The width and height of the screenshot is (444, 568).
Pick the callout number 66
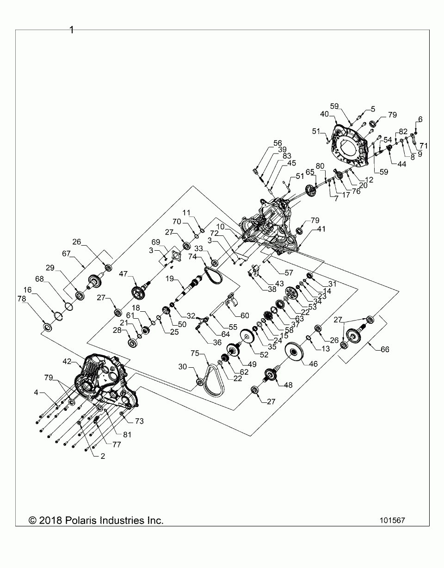click(x=385, y=350)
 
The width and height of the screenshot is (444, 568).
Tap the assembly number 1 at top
click(x=72, y=31)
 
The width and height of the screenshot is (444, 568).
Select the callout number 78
click(x=22, y=299)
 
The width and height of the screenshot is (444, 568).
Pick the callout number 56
click(x=277, y=143)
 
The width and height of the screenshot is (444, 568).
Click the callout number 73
click(x=139, y=421)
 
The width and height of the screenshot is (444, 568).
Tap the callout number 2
click(x=103, y=456)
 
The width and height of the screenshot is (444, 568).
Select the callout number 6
click(x=420, y=119)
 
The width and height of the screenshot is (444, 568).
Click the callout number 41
click(x=321, y=229)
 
